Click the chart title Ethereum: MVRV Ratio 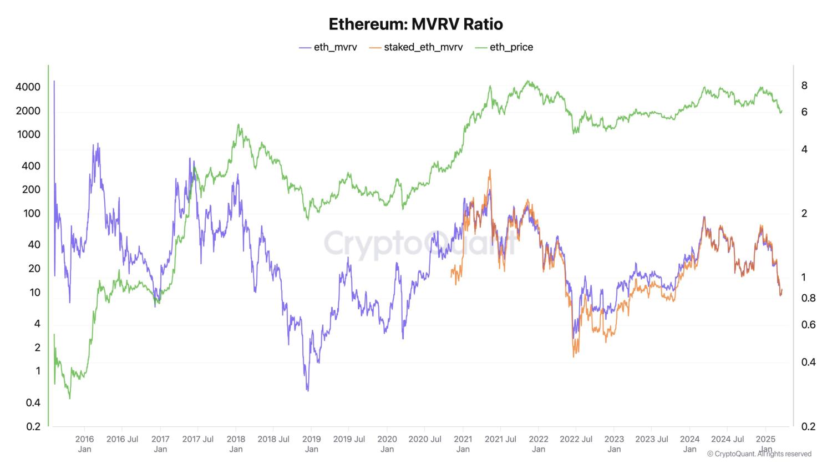[415, 24]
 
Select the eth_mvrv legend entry [328, 47]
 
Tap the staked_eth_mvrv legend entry [415, 47]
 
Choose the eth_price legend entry [504, 47]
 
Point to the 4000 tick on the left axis [28, 87]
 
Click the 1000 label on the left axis [29, 134]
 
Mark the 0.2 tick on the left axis [33, 426]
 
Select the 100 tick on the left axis [32, 213]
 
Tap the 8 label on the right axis [804, 85]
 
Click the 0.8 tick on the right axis [808, 298]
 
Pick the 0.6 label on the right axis [808, 325]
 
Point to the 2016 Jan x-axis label [84, 444]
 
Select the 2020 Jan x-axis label [387, 444]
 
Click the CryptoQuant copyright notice [759, 454]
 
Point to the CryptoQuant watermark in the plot [422, 243]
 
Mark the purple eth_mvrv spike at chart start [54, 82]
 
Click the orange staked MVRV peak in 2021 [490, 170]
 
